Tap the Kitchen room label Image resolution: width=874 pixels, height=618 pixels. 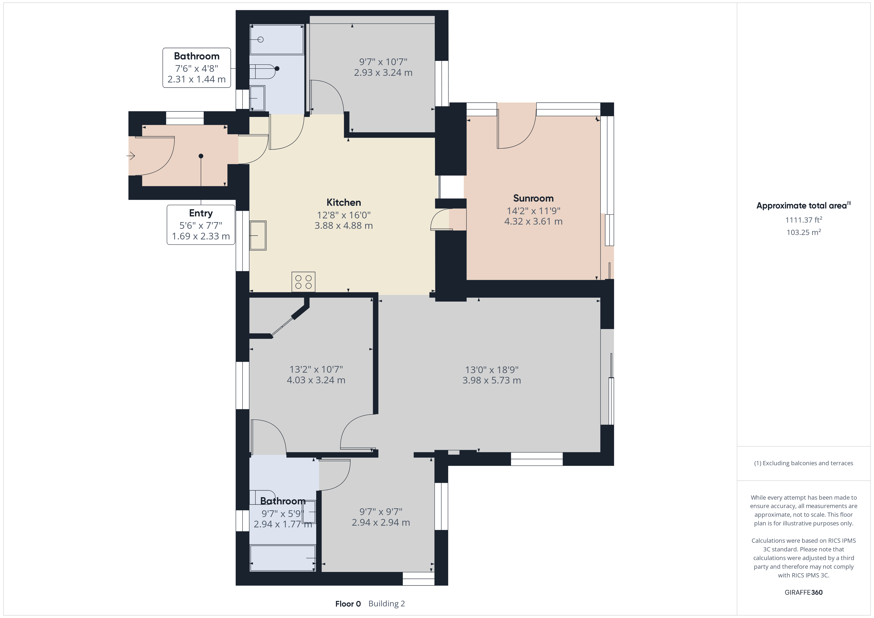(344, 203)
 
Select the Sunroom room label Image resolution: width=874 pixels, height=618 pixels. (533, 198)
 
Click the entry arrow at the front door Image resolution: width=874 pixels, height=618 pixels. (131, 156)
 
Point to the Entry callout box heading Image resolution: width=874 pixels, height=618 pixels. (201, 213)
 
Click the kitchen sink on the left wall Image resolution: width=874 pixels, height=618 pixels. (258, 235)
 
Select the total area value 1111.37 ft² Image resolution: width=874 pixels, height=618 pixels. (804, 220)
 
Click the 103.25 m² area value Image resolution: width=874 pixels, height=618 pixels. (804, 232)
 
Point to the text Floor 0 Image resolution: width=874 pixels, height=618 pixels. (348, 604)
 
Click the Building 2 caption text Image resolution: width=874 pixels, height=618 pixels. (387, 604)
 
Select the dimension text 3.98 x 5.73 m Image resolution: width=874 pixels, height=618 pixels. (492, 380)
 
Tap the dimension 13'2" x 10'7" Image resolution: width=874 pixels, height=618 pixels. (316, 369)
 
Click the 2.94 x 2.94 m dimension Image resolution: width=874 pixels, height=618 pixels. (381, 522)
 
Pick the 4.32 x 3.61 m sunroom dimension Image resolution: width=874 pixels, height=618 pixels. (533, 222)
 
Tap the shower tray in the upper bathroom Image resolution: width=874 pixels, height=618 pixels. (277, 40)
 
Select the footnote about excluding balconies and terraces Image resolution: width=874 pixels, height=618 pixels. (804, 463)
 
